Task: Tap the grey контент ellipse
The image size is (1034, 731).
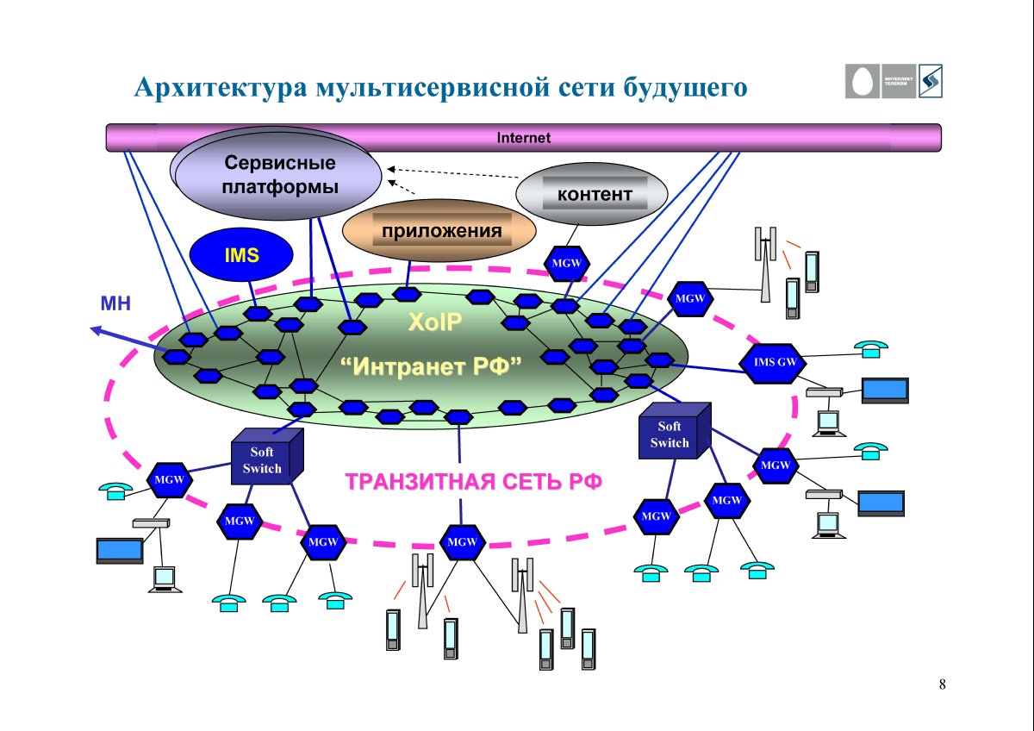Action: (592, 194)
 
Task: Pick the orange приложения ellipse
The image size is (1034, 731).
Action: (439, 231)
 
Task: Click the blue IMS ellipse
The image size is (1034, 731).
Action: (241, 255)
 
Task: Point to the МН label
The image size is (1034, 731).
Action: (115, 303)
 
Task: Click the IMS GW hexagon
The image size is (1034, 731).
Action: (775, 362)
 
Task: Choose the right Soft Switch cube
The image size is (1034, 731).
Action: (672, 434)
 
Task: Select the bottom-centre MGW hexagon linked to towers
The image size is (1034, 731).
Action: (463, 542)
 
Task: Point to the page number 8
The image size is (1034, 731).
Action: (942, 685)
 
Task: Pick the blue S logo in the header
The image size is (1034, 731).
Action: (929, 82)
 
